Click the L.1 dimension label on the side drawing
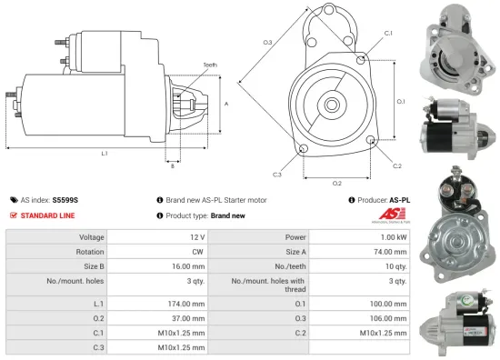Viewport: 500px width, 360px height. (x=105, y=152)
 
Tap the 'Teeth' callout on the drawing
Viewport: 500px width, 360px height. (x=210, y=65)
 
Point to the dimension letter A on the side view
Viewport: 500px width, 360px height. (x=225, y=104)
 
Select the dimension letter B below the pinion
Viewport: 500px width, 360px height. (x=172, y=165)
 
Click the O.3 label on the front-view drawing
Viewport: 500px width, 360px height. (x=268, y=42)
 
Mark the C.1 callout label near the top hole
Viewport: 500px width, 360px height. (x=388, y=33)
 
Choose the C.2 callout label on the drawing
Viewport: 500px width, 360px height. (x=397, y=165)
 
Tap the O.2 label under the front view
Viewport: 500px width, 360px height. (x=336, y=183)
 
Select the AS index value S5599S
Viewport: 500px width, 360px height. (x=65, y=199)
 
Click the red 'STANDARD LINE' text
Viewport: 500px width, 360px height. (x=48, y=215)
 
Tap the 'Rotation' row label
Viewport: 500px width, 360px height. (x=90, y=253)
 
